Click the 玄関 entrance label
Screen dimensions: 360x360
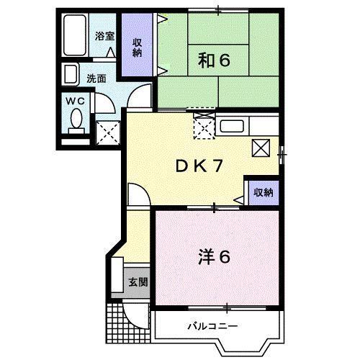[138, 281]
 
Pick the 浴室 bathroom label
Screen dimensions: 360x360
[104, 35]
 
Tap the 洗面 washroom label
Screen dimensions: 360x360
[96, 78]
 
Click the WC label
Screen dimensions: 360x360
[76, 102]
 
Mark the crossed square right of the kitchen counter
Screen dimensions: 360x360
[261, 149]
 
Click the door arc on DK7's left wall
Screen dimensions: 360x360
[137, 194]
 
